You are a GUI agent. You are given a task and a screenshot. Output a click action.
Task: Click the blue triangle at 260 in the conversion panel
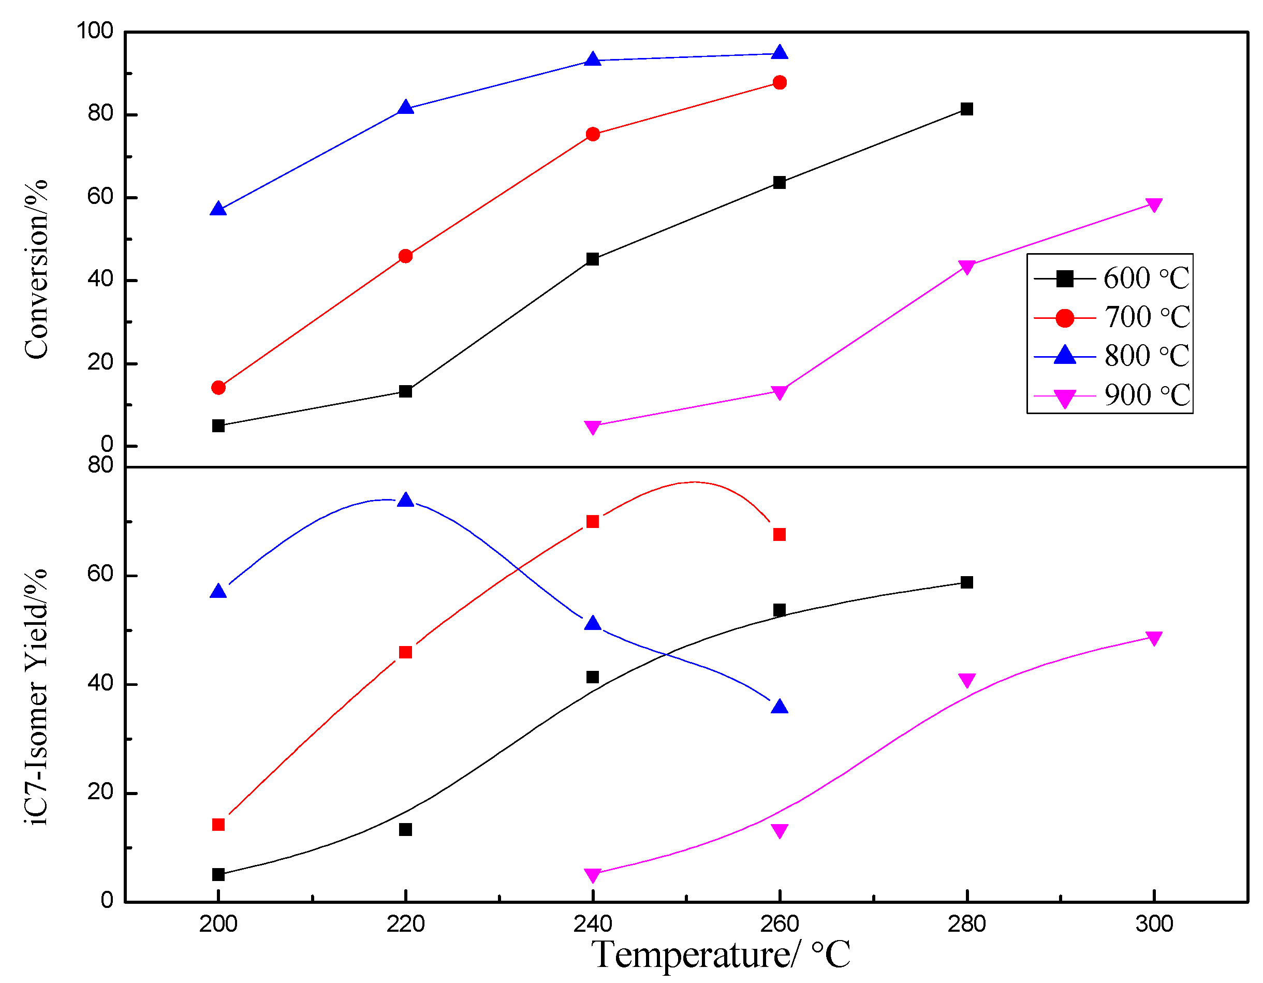point(780,53)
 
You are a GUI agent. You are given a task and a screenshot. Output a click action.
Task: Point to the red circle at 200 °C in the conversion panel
point(218,387)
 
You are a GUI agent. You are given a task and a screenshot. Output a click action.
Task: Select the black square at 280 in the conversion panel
point(966,109)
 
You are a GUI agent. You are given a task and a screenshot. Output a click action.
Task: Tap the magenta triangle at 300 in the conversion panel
point(1154,204)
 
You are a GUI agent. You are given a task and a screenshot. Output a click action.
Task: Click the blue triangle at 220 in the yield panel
point(405,500)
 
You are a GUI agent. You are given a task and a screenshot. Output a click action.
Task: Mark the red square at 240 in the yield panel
point(592,522)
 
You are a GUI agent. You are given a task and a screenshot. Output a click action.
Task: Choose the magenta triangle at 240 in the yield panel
point(592,875)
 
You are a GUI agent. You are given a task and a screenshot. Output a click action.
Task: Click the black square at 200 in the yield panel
point(218,874)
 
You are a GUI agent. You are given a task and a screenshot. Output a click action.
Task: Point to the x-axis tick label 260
point(780,924)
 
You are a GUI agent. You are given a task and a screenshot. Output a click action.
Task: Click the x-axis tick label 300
point(1154,924)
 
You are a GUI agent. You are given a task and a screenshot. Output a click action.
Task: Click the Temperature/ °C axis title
point(720,954)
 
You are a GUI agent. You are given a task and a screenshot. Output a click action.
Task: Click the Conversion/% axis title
point(36,269)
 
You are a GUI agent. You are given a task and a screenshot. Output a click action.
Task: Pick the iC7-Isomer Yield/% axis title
point(36,697)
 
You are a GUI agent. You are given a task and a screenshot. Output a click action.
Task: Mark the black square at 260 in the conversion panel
point(780,183)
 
